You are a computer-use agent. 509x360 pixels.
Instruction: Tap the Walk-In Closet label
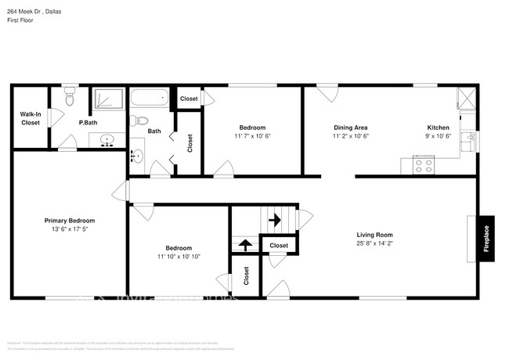[31, 119]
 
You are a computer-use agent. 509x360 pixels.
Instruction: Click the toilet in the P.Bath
[69, 99]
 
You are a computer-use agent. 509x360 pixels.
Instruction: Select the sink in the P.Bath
[107, 141]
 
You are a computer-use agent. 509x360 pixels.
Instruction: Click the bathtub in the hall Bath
[150, 99]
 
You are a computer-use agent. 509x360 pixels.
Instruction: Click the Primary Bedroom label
[69, 221]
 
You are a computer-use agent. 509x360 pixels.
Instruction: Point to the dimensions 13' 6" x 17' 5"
[69, 229]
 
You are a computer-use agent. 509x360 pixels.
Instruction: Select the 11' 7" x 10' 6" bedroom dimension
[252, 136]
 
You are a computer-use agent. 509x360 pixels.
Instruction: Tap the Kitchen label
[438, 128]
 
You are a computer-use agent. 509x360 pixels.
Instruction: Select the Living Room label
[374, 234]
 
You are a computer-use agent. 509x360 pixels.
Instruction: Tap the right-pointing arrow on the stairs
[275, 221]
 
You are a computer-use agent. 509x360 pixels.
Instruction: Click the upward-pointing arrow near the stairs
[245, 245]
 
